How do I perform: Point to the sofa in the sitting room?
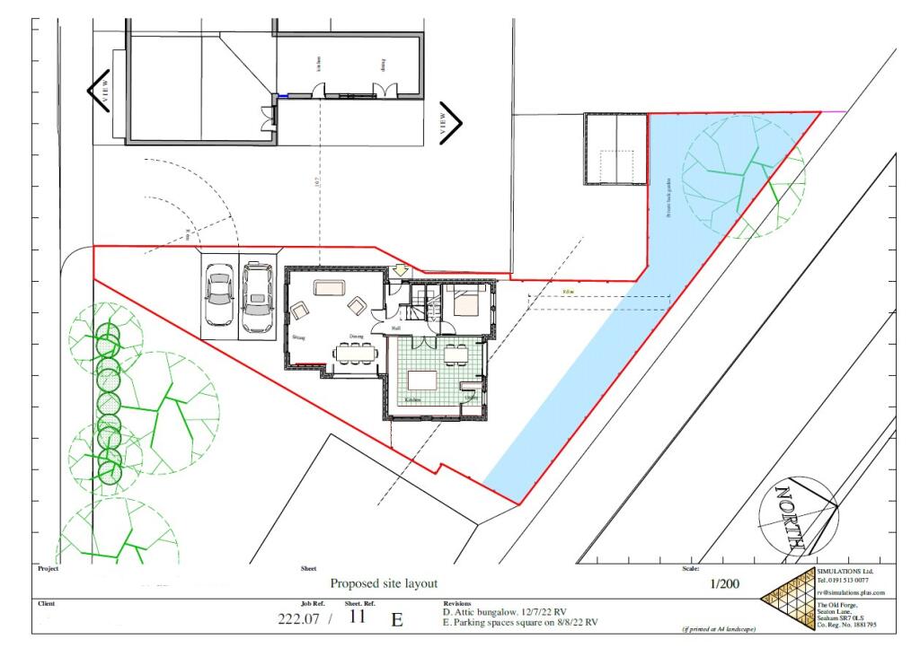328,289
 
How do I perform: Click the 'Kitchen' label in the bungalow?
412,399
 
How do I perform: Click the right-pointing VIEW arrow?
449,123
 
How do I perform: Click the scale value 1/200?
725,584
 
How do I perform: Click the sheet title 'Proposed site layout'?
384,583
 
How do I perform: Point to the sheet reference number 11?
358,617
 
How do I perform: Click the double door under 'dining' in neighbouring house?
384,92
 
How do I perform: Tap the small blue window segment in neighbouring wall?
282,97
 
